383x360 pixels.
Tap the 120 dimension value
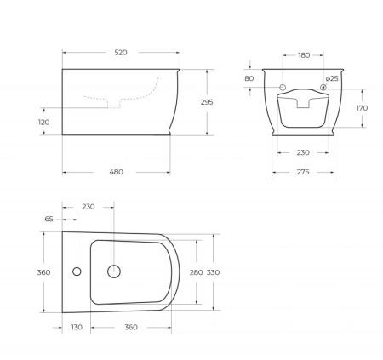click(x=43, y=123)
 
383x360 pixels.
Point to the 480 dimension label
click(x=117, y=172)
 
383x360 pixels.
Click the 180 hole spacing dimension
click(x=303, y=55)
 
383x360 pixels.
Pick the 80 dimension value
click(x=249, y=78)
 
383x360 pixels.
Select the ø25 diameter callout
click(x=332, y=78)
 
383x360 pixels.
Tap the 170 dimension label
click(x=361, y=108)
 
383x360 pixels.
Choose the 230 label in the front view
click(x=303, y=153)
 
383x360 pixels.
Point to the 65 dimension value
click(x=48, y=219)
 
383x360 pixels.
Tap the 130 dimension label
click(x=77, y=327)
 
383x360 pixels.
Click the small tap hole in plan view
click(x=77, y=272)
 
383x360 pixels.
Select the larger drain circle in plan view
click(x=113, y=272)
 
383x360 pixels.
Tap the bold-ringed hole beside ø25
click(x=323, y=88)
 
